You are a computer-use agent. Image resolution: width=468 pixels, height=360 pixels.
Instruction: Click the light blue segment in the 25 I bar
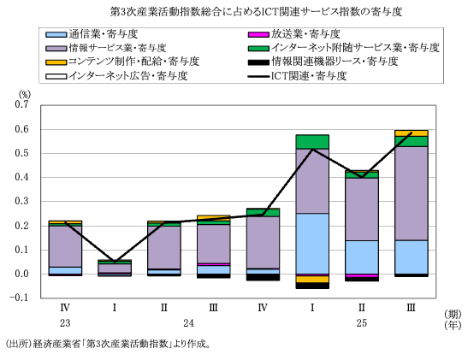coord(312,243)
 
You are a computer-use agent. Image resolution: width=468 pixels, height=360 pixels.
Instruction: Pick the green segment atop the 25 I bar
coord(312,141)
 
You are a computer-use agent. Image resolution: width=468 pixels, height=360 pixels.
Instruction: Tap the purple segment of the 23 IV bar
coord(66,246)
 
